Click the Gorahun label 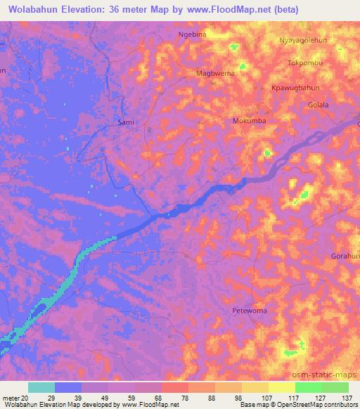pos(345,255)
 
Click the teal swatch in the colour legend pos(41,387)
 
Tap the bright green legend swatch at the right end pos(335,387)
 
